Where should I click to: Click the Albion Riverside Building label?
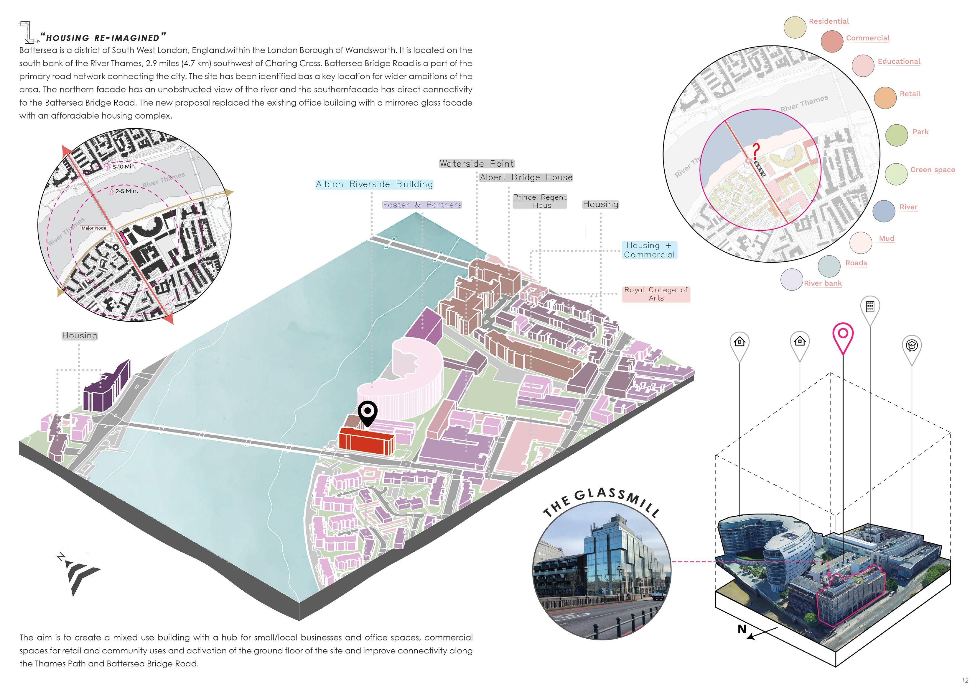click(374, 184)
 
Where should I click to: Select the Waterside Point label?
click(477, 164)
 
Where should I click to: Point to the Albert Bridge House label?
click(526, 177)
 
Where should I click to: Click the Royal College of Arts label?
click(656, 294)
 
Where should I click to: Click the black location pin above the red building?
click(367, 412)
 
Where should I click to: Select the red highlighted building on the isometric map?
click(366, 442)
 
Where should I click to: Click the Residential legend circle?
click(795, 27)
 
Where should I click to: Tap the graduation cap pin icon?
click(912, 346)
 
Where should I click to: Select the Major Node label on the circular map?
click(94, 228)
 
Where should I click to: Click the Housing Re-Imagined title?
click(103, 38)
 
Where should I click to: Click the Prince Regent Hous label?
click(540, 201)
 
